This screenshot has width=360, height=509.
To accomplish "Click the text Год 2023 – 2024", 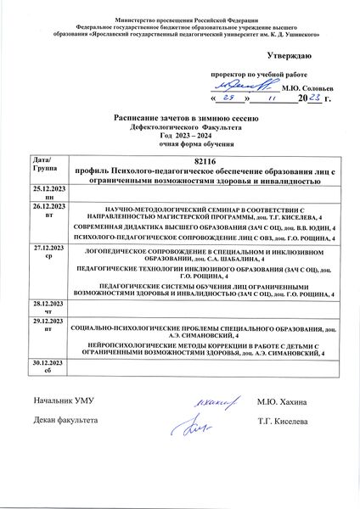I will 179,135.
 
